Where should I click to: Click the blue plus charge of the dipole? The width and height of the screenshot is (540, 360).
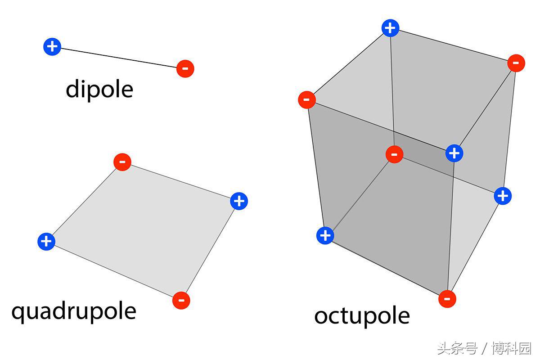coord(52,46)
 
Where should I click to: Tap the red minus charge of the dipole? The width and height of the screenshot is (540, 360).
coord(185,69)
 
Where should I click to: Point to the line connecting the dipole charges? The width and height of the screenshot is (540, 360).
coord(119,58)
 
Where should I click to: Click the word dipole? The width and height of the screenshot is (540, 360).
coord(99,90)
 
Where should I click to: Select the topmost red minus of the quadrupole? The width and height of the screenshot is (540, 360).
coord(122,162)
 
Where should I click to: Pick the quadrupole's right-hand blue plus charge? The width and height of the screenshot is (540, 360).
coord(239,201)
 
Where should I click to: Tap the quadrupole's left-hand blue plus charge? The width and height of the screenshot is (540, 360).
coord(46,242)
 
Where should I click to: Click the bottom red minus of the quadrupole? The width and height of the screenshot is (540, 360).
coord(181,301)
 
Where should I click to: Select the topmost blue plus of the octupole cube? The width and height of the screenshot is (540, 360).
coord(391,28)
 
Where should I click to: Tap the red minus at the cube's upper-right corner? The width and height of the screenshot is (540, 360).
coord(516,63)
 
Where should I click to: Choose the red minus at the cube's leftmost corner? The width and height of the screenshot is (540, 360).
coord(307,100)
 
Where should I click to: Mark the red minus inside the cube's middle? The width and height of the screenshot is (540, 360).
coord(394,154)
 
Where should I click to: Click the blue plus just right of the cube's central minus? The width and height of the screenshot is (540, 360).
coord(454,153)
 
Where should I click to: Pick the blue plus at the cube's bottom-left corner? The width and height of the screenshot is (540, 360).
coord(325,236)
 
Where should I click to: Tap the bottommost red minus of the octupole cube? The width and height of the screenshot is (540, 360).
coord(447,299)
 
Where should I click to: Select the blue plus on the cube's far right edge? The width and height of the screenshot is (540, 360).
coord(503,196)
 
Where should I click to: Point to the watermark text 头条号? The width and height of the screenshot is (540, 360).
coord(457,348)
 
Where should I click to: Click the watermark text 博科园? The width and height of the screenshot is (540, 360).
coord(512,348)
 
